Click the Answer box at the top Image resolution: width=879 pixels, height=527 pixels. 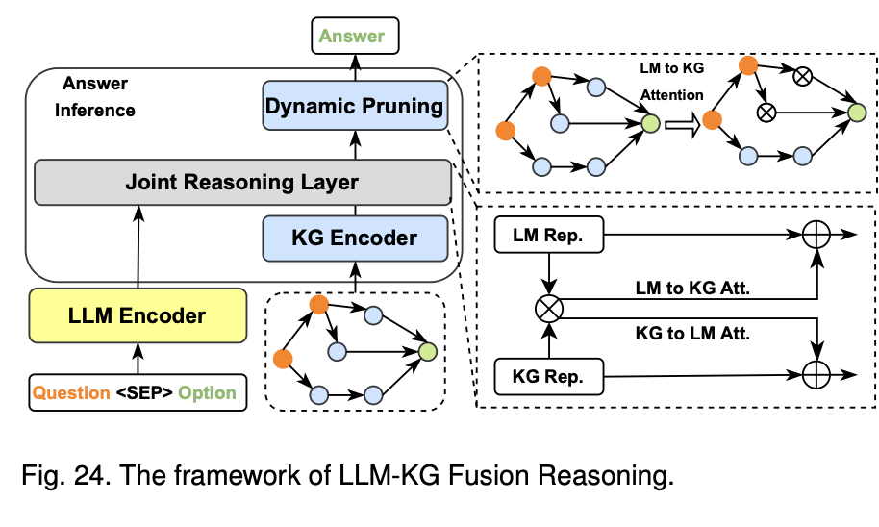click(x=352, y=38)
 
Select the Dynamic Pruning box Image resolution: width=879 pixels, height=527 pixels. click(x=355, y=106)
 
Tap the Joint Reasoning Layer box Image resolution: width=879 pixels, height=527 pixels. click(x=242, y=182)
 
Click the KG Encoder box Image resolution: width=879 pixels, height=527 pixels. click(x=355, y=237)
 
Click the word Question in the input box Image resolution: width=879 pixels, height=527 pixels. click(x=71, y=392)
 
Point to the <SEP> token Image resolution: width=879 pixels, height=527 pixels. click(x=145, y=392)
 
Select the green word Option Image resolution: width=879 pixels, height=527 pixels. click(x=206, y=392)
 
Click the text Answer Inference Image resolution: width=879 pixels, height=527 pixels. click(x=95, y=97)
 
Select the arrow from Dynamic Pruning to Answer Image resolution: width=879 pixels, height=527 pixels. click(x=355, y=67)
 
